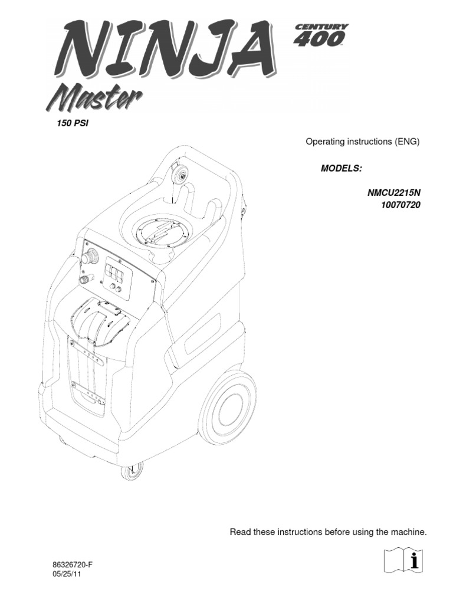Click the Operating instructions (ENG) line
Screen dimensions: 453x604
pyautogui.click(x=362, y=142)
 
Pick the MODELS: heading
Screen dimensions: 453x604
pyautogui.click(x=341, y=168)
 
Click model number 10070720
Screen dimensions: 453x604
pyautogui.click(x=401, y=205)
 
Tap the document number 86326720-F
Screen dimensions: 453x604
pyautogui.click(x=73, y=564)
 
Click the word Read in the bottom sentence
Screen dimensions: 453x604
pyautogui.click(x=239, y=533)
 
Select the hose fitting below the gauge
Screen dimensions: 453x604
pyautogui.click(x=87, y=279)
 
